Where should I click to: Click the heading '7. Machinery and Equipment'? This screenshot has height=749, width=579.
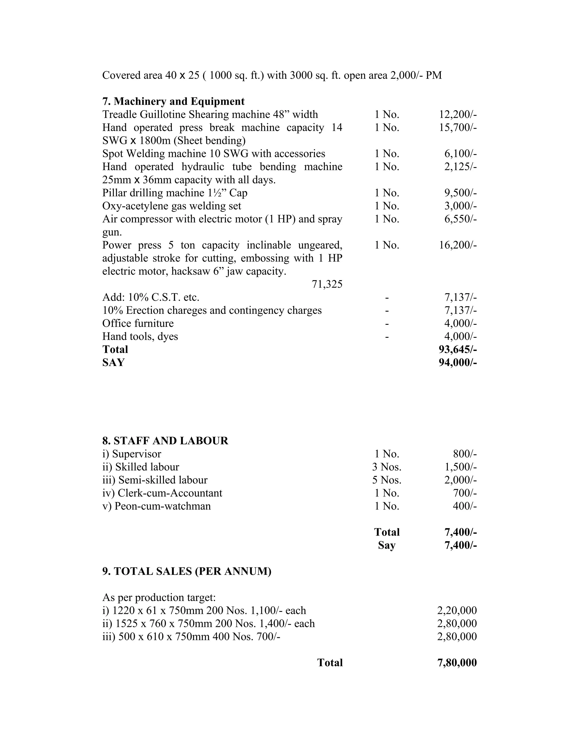click(173, 101)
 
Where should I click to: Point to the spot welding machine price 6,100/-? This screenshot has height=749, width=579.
click(460, 154)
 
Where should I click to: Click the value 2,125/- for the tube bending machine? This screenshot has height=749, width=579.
click(460, 167)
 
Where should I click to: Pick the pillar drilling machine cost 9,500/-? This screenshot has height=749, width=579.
click(460, 193)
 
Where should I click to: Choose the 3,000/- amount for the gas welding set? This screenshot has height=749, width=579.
click(460, 206)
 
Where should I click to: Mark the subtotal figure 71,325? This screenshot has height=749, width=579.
click(327, 284)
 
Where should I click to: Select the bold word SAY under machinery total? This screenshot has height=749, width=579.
click(113, 363)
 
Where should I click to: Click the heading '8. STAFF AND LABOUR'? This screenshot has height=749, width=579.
click(165, 441)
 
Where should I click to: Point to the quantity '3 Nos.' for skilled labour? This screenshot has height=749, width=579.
click(386, 467)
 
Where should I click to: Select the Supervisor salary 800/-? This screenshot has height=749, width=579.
click(465, 454)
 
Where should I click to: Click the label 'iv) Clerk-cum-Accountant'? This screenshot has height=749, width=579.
click(162, 493)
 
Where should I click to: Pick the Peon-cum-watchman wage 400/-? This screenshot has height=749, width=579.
click(465, 506)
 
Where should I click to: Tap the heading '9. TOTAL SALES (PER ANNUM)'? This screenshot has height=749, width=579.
click(187, 571)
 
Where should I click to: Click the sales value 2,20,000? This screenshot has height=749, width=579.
click(457, 611)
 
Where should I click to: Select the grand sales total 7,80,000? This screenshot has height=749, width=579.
click(457, 663)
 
